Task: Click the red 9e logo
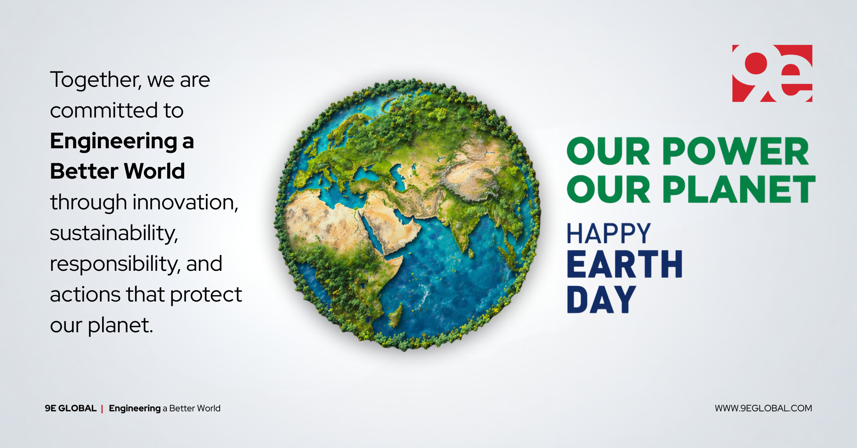[x=772, y=73]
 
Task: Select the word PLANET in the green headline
[x=739, y=189]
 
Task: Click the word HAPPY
[x=609, y=234]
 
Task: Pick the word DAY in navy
[x=601, y=299]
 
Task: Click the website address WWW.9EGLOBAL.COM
[x=763, y=408]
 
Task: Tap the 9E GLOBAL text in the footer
[x=71, y=408]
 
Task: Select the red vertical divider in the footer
[x=102, y=408]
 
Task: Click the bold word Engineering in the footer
[x=135, y=408]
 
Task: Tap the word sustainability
[x=114, y=233]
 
